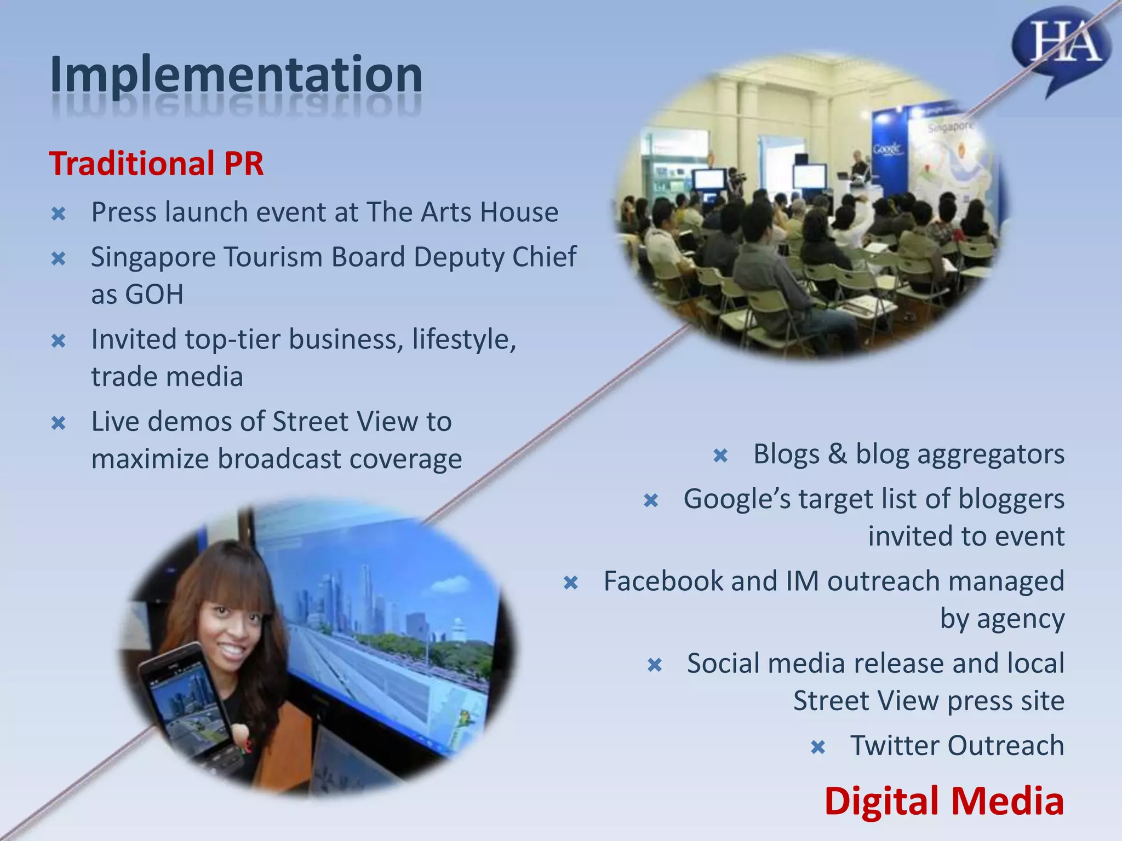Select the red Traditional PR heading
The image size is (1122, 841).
point(157,163)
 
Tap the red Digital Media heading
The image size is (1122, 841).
point(944,800)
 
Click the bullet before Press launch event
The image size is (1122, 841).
point(59,214)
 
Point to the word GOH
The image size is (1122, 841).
point(154,294)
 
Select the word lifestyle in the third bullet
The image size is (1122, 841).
point(463,339)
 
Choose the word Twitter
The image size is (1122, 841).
point(895,745)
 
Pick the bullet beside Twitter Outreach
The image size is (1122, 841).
point(818,747)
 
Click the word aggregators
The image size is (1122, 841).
point(991,454)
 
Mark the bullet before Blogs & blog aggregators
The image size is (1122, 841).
point(720,456)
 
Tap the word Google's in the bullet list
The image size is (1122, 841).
point(737,499)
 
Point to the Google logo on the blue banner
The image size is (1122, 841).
point(886,148)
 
